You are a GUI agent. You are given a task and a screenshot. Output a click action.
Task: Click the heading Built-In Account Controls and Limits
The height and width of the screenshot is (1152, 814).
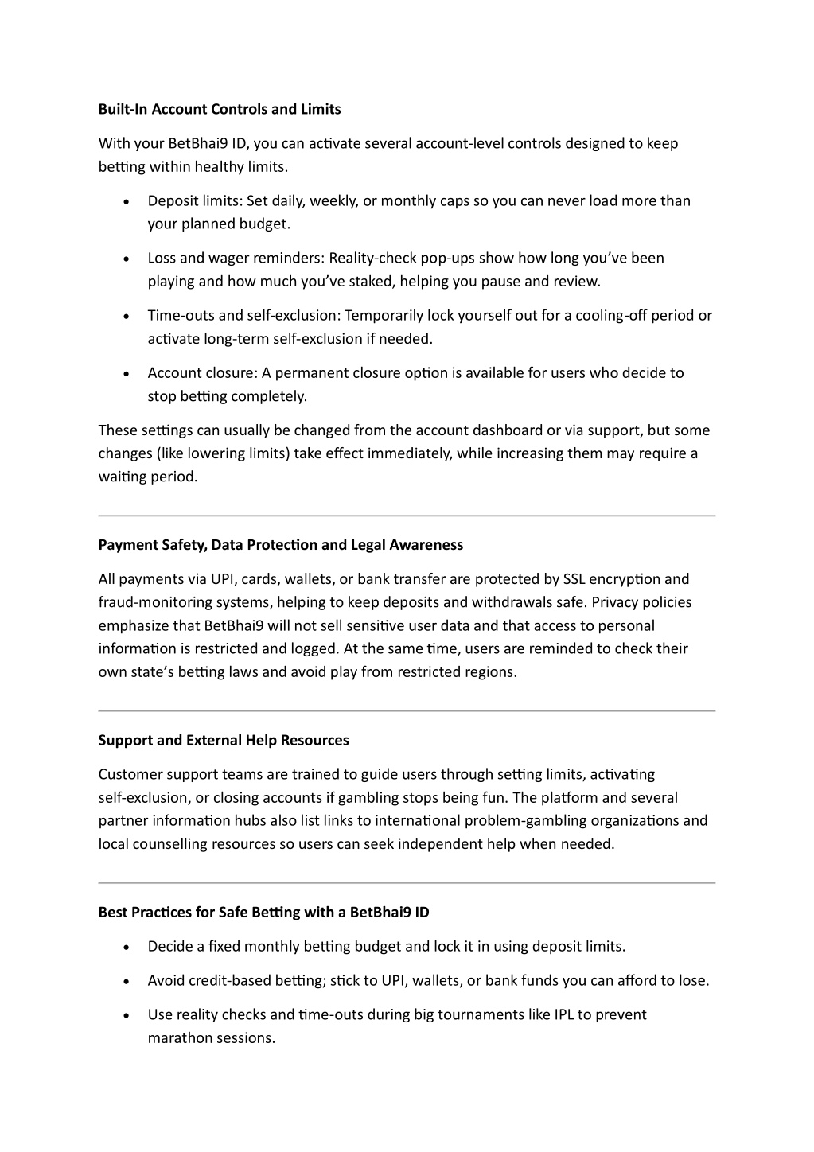pyautogui.click(x=220, y=109)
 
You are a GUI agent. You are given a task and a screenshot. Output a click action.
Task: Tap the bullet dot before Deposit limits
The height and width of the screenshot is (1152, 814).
pyautogui.click(x=127, y=202)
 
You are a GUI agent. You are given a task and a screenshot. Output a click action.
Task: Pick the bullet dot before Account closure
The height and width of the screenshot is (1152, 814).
pyautogui.click(x=127, y=374)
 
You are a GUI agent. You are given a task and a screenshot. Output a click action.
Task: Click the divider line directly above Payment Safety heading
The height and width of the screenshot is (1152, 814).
pyautogui.click(x=407, y=516)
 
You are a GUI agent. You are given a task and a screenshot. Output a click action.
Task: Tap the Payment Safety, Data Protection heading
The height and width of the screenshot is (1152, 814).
pyautogui.click(x=280, y=545)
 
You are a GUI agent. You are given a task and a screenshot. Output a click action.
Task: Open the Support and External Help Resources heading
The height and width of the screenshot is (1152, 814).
pyautogui.click(x=224, y=741)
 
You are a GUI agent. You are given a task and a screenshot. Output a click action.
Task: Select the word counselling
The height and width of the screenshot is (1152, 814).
pyautogui.click(x=166, y=844)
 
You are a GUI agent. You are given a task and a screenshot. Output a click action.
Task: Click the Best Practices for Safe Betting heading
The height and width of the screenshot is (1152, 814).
pyautogui.click(x=263, y=913)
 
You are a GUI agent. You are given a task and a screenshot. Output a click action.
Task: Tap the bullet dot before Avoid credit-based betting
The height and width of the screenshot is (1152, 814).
pyautogui.click(x=127, y=982)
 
